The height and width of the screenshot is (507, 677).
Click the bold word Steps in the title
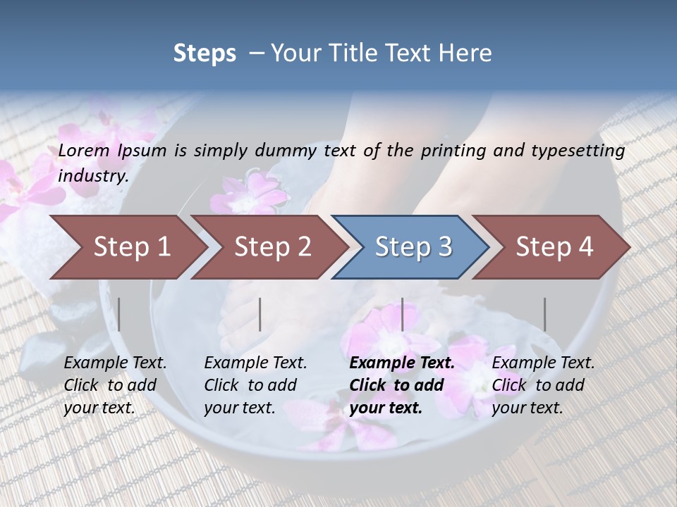pos(205,54)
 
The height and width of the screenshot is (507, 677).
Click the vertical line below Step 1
pos(119,314)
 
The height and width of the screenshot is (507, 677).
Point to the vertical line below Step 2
pos(260,314)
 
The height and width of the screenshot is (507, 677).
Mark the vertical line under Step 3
pos(402,314)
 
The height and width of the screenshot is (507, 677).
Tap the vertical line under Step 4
pos(544,314)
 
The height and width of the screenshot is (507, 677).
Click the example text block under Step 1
pos(115,385)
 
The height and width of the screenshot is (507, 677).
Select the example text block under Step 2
pos(255,385)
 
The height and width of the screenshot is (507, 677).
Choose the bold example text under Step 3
pos(402,385)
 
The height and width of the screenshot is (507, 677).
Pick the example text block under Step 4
pos(543,385)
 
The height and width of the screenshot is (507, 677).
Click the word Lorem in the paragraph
pos(84,151)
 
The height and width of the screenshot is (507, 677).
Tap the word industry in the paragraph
pos(93,175)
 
